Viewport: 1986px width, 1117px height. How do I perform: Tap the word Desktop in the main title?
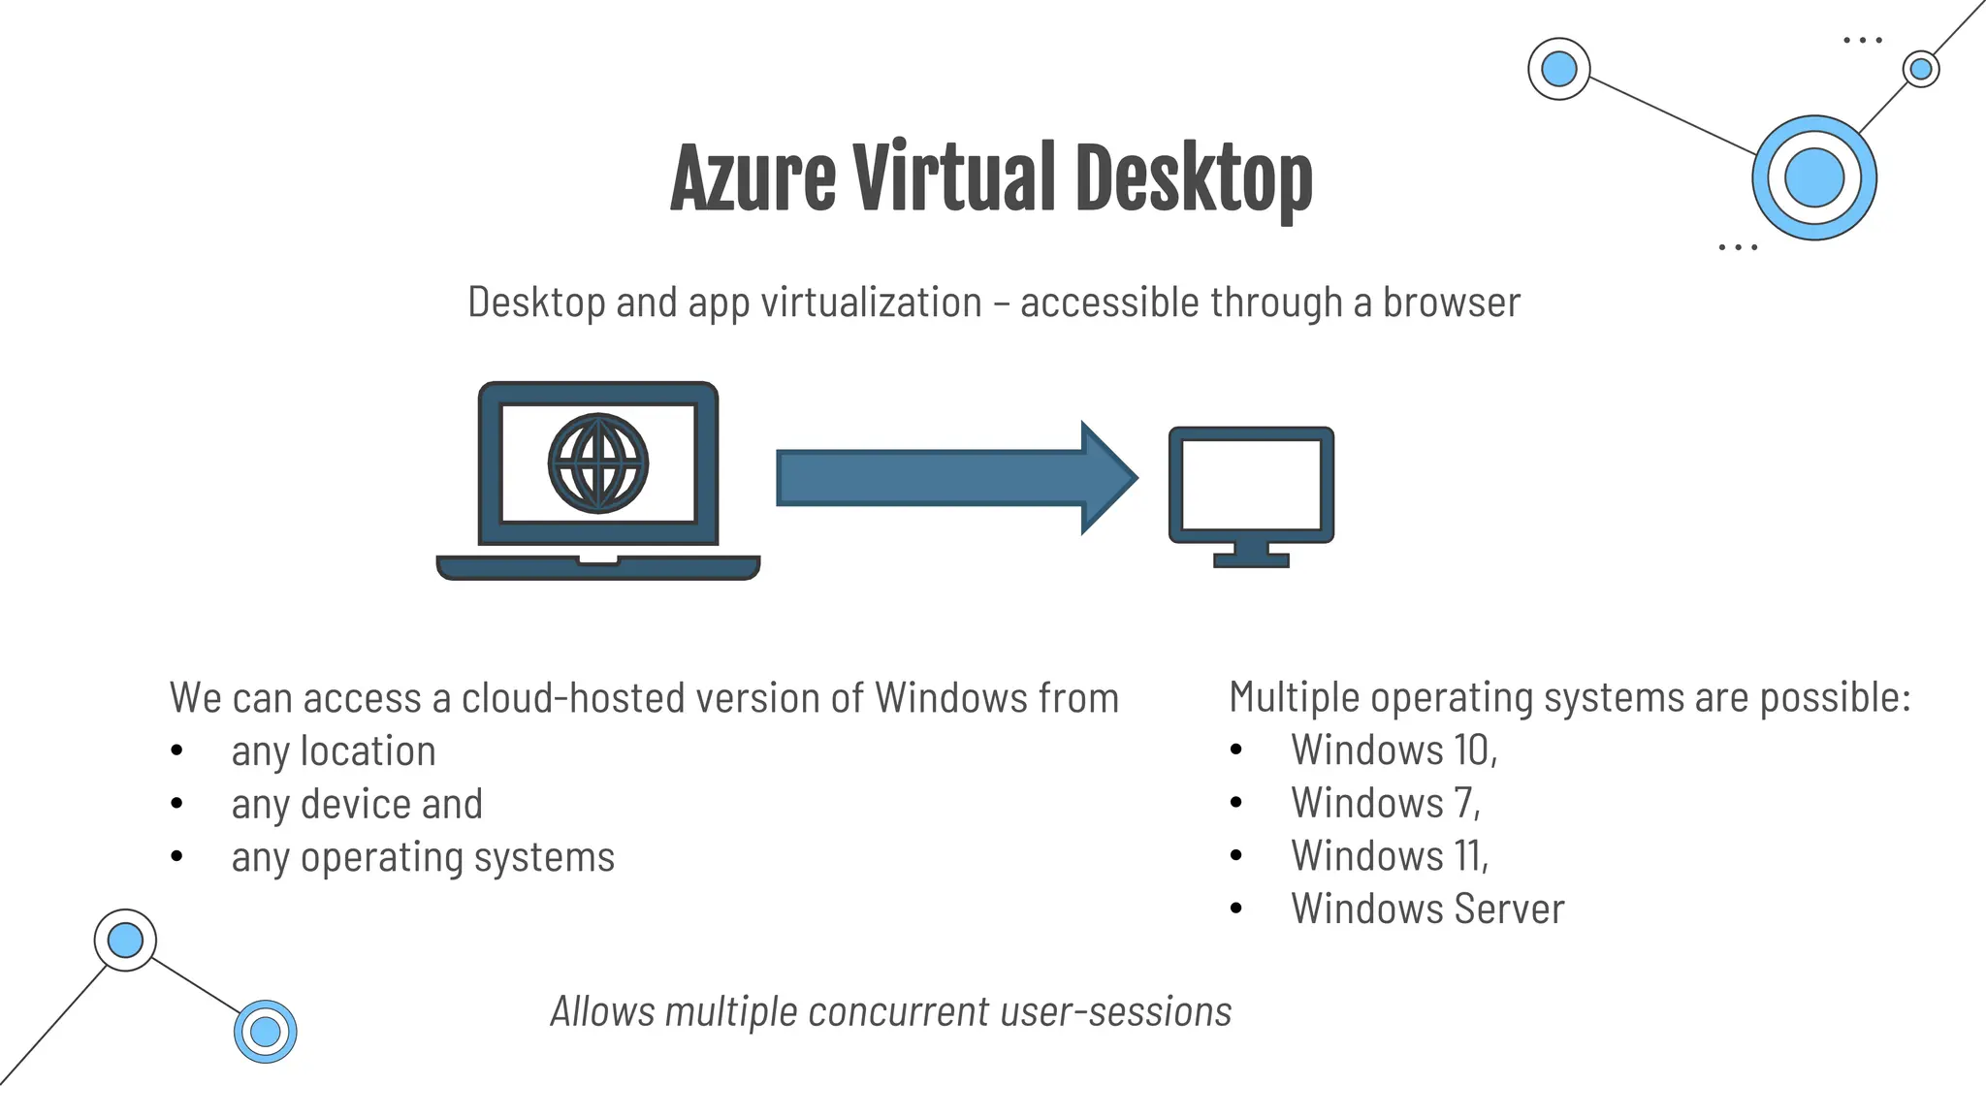[1194, 179]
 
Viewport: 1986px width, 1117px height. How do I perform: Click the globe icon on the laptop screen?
[598, 463]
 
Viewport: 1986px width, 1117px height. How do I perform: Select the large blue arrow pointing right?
[955, 477]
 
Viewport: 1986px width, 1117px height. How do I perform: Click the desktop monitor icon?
[1251, 495]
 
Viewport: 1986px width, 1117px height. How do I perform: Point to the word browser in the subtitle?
[1451, 303]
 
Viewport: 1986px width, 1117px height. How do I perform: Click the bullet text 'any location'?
[334, 751]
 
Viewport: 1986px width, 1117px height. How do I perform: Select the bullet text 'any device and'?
[357, 805]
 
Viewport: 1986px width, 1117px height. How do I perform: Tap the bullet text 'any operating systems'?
[423, 857]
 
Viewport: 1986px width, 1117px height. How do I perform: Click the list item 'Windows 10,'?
[1394, 750]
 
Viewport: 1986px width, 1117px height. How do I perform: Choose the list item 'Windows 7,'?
[1386, 804]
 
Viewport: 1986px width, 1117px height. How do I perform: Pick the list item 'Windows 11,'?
[1390, 856]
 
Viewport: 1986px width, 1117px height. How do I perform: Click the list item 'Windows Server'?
[1427, 910]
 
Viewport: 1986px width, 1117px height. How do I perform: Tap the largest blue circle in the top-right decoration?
[1814, 178]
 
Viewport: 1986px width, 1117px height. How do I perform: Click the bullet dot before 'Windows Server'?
[1236, 909]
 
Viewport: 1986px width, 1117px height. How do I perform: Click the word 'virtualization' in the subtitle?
[871, 303]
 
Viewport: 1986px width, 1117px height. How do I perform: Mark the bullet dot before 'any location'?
[176, 750]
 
